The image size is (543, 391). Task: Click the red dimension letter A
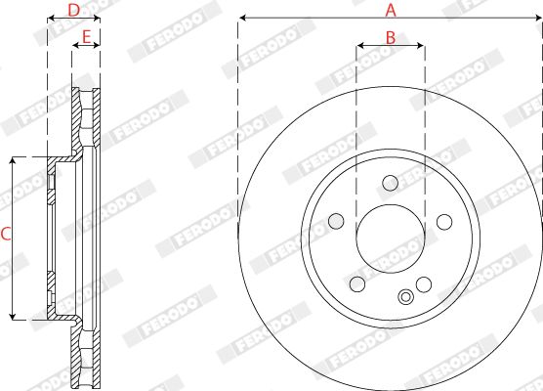pos(391,10)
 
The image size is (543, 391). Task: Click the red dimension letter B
pos(391,38)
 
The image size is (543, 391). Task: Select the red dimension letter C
pos(6,234)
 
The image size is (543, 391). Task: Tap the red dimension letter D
pos(73,10)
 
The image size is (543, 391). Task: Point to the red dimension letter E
pos(86,36)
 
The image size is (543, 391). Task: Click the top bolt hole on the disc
pos(391,183)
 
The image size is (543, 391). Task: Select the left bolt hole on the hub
pos(336,221)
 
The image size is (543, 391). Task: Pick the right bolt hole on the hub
pos(444,222)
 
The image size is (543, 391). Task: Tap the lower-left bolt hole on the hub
pos(357,283)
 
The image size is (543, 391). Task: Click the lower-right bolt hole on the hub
pos(424,284)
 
